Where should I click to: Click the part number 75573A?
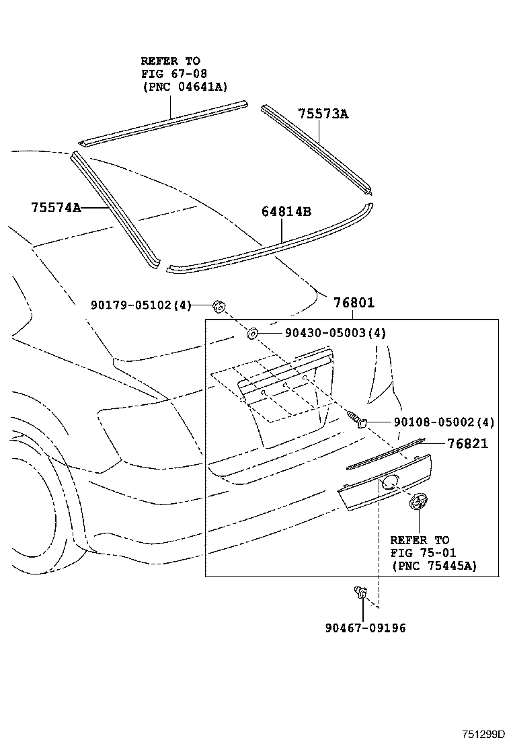(x=323, y=114)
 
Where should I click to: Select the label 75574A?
(x=55, y=208)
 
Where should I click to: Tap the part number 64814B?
(x=286, y=212)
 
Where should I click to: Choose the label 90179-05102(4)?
(x=141, y=305)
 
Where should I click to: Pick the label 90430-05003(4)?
(x=325, y=333)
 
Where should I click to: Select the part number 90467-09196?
(x=365, y=628)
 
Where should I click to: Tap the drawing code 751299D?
(x=483, y=735)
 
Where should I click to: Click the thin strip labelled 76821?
(x=387, y=453)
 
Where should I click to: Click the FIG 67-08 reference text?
(x=173, y=73)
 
